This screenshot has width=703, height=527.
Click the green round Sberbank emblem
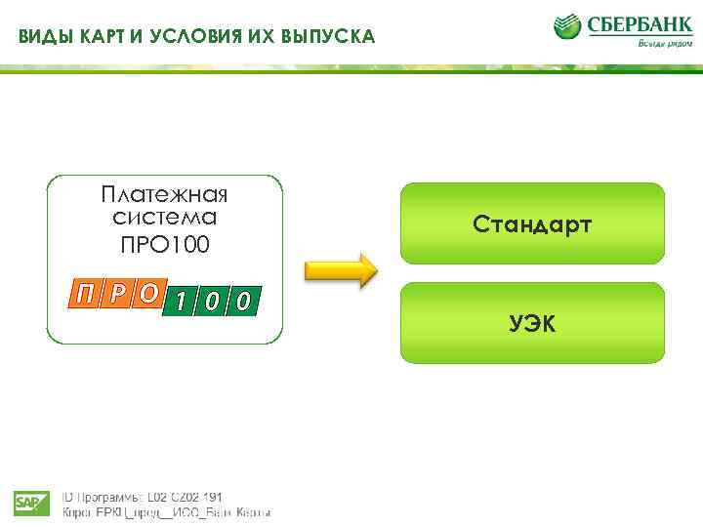coord(567,26)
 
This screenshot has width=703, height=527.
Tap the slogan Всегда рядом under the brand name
coord(662,43)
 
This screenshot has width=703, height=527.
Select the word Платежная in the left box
coord(165,192)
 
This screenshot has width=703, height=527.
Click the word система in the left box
coord(165,217)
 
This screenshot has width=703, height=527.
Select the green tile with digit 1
coord(183,302)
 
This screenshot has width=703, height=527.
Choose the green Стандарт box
coord(532,223)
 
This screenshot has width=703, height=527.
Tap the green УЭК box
coord(532,323)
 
